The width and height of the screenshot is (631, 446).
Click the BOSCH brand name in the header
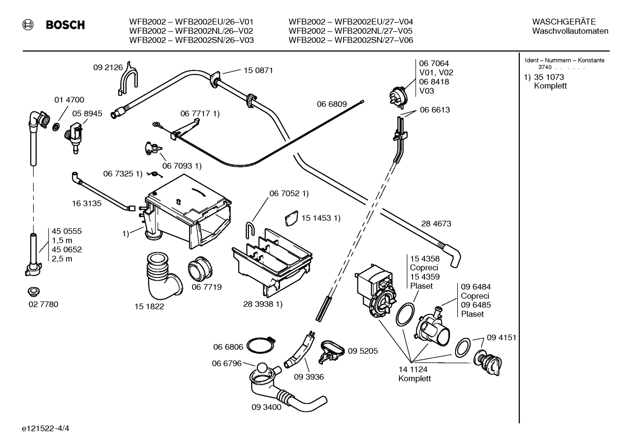(x=65, y=25)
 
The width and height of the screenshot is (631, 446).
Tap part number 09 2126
(x=108, y=67)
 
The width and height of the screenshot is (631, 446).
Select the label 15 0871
(x=258, y=70)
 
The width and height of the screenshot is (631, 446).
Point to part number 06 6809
(x=332, y=104)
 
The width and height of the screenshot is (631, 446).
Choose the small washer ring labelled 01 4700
(x=56, y=126)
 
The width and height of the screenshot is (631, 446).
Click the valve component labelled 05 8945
(x=74, y=137)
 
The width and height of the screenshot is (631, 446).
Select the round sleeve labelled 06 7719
(x=200, y=269)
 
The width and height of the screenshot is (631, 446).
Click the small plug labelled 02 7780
(x=34, y=291)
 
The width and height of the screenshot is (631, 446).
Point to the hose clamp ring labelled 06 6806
(x=260, y=344)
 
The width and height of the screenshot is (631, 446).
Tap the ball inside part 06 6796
(x=262, y=369)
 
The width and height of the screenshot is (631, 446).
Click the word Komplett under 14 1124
(x=414, y=379)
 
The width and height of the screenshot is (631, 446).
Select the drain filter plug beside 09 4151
(x=487, y=362)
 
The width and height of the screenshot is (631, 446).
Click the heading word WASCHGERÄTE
(x=564, y=22)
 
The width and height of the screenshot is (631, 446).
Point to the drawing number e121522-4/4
(x=46, y=428)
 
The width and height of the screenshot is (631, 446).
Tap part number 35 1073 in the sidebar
(x=549, y=77)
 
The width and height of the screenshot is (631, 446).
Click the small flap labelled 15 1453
(x=291, y=218)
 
